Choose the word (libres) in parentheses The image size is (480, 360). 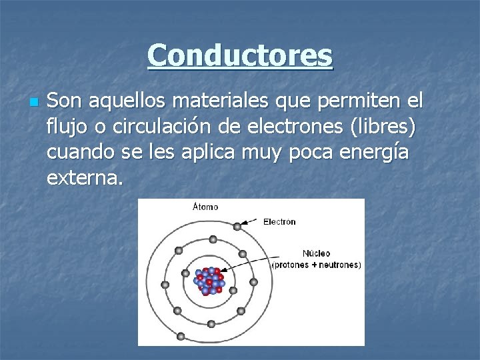coord(383,127)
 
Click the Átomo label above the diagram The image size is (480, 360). coord(205,207)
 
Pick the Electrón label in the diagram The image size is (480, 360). coord(279,221)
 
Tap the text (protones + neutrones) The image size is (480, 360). coord(317,264)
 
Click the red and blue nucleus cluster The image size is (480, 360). coord(211,281)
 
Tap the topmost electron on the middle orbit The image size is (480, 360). coord(212,239)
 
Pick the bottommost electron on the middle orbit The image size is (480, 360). coord(211,324)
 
